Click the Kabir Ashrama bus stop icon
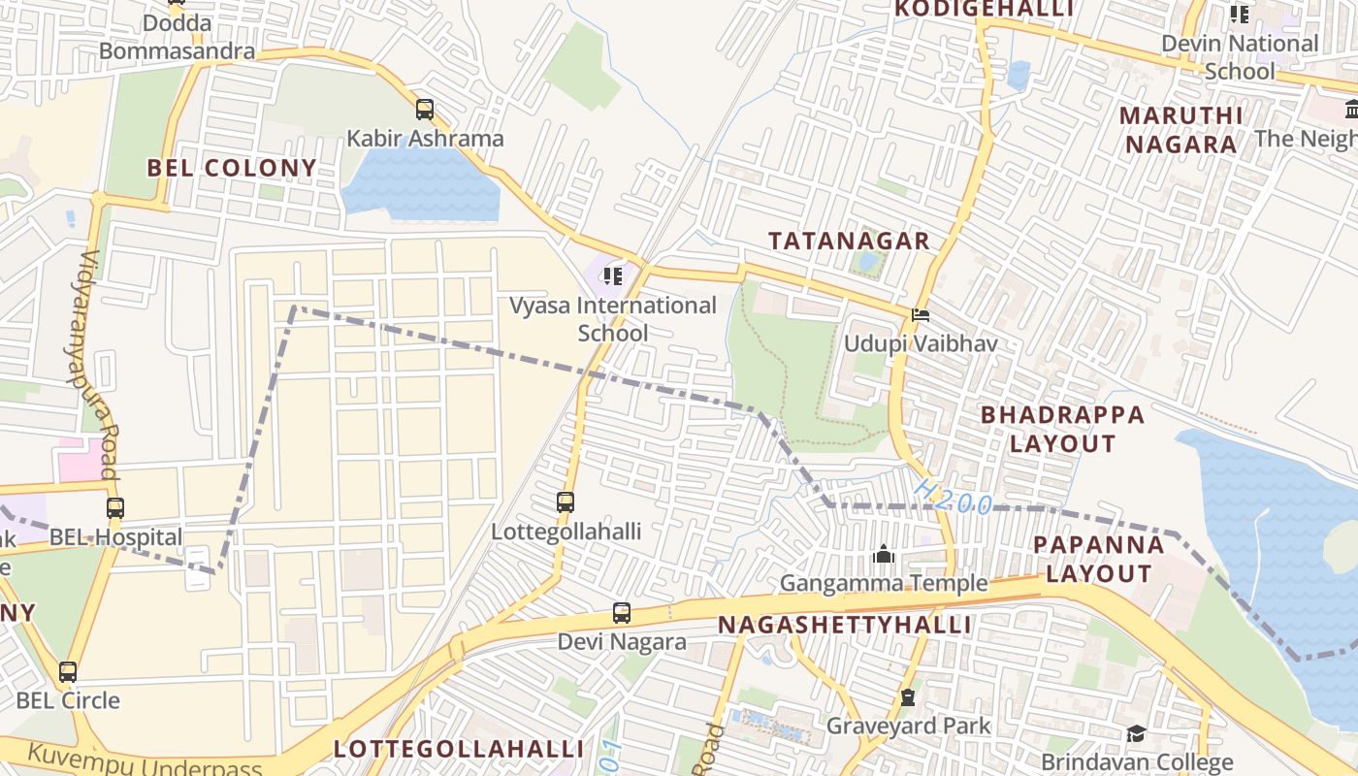(425, 110)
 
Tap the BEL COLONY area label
(232, 168)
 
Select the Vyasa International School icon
(612, 277)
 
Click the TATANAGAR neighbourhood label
(849, 241)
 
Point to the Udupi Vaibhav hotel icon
(920, 315)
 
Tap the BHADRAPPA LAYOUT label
(1062, 429)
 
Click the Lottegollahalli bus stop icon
(566, 502)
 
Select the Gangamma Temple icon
(884, 555)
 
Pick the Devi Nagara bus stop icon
(622, 613)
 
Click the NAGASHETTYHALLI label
(845, 625)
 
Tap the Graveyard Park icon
(908, 697)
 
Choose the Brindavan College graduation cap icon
(1136, 733)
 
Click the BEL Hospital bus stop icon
(115, 507)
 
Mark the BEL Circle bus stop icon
(68, 671)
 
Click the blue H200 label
(953, 497)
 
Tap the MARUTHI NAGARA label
(1180, 130)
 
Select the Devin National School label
(1240, 57)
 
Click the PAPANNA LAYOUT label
(1098, 559)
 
